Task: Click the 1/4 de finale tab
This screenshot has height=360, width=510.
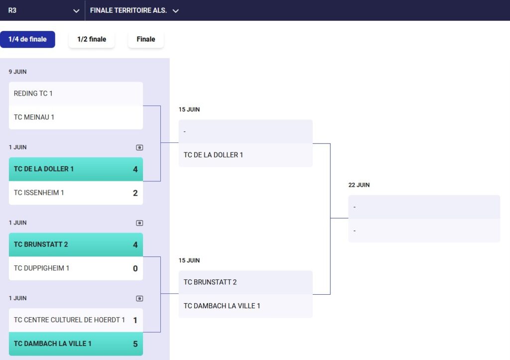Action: tap(27, 39)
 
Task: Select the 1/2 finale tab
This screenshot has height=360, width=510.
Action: tap(92, 39)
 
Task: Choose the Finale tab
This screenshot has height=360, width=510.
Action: tap(146, 39)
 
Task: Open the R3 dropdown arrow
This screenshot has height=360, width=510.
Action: tap(76, 11)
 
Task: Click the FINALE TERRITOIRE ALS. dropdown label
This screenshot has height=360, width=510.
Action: tap(128, 10)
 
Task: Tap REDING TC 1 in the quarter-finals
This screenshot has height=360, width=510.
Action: tap(33, 94)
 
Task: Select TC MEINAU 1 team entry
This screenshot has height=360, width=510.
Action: tap(34, 117)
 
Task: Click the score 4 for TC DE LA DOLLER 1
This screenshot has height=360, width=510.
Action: tap(135, 169)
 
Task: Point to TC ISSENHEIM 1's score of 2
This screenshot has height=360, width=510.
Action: tap(135, 193)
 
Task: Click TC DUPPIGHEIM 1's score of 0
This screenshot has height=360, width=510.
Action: tap(135, 268)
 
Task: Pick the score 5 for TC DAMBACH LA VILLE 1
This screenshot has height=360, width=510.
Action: tap(135, 344)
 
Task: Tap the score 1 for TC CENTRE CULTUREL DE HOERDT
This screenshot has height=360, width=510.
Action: tap(135, 320)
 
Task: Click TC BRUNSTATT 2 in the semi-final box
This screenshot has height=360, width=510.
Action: tap(210, 282)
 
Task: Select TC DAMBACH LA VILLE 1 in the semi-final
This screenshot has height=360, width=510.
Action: tap(222, 306)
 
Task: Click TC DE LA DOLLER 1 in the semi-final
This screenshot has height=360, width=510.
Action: tap(213, 155)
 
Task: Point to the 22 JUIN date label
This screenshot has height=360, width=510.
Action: tap(359, 185)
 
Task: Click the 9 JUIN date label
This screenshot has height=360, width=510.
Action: tap(17, 72)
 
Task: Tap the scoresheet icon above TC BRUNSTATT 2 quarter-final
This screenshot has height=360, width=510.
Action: tap(139, 223)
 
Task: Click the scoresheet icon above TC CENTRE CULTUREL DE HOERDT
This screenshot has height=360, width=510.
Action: tap(139, 299)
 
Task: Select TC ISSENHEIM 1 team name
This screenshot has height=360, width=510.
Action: tap(39, 193)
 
